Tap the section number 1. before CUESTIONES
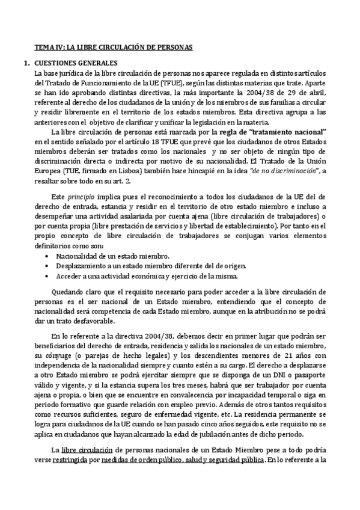(x=26, y=63)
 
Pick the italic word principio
(x=80, y=197)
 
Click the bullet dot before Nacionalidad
(x=47, y=256)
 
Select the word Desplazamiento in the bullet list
(x=85, y=265)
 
